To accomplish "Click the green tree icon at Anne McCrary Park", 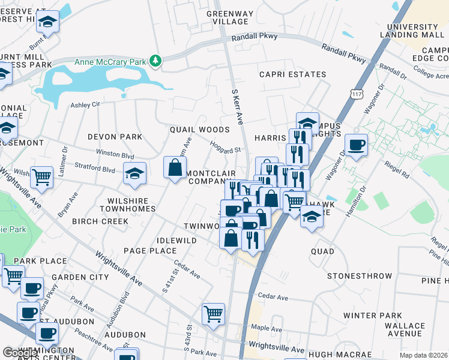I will point(156,61).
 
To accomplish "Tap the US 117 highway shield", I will point(358,95).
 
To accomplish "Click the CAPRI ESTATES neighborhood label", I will point(292,75).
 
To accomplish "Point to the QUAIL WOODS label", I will point(200,130).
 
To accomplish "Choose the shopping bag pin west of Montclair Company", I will point(175,168).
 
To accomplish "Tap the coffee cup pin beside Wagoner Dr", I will point(356,146).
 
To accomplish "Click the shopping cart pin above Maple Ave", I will point(213,314).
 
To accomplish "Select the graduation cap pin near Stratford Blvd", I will point(134,175).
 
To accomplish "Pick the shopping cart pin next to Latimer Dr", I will point(41,178).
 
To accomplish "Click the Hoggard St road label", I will point(225,147).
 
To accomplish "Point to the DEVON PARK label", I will point(115,137).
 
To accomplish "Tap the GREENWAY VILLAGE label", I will point(228,17).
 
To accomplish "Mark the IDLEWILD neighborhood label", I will point(176,240).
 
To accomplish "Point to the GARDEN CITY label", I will point(80,277).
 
